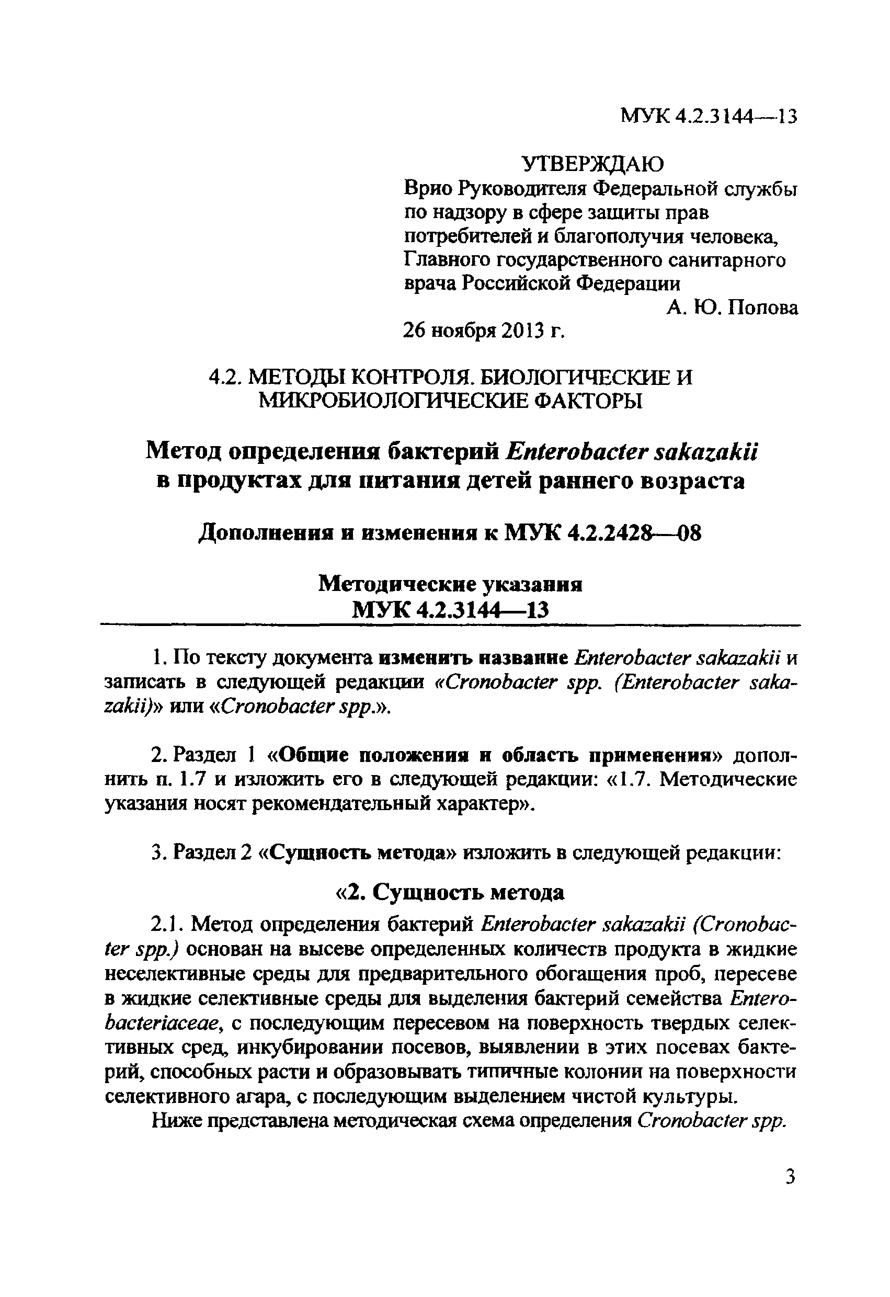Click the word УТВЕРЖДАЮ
pyautogui.click(x=592, y=164)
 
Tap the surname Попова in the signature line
pyautogui.click(x=763, y=308)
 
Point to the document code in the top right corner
pyautogui.click(x=709, y=117)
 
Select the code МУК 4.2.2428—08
pyautogui.click(x=602, y=534)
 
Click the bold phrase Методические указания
pyautogui.click(x=450, y=584)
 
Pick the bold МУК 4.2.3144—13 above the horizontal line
pyautogui.click(x=450, y=610)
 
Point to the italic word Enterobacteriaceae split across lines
pyautogui.click(x=762, y=998)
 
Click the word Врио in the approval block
pyautogui.click(x=427, y=190)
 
